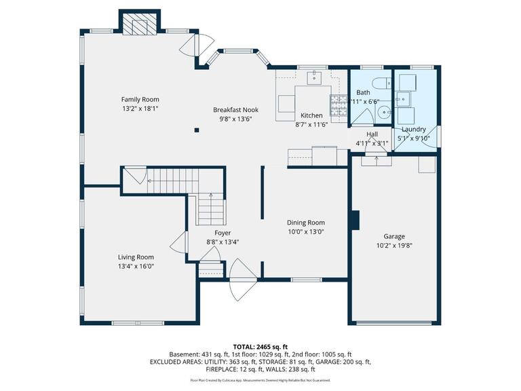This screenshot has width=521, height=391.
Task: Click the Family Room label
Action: (x=140, y=99)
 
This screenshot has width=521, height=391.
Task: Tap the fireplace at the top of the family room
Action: (x=140, y=25)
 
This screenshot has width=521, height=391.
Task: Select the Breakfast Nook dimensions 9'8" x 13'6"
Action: (x=235, y=119)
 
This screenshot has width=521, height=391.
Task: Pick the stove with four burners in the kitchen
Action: (x=338, y=103)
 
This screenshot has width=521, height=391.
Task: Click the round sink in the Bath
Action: (x=384, y=114)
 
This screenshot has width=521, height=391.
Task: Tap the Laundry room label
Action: (x=413, y=129)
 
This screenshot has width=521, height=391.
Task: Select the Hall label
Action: (x=372, y=134)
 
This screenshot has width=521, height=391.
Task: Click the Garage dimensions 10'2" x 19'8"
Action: (x=393, y=246)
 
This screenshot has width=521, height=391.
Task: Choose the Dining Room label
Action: (x=306, y=222)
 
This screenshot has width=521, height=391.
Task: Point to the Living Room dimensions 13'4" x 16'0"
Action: (x=136, y=266)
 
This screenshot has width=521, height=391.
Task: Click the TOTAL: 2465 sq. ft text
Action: (x=260, y=346)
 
